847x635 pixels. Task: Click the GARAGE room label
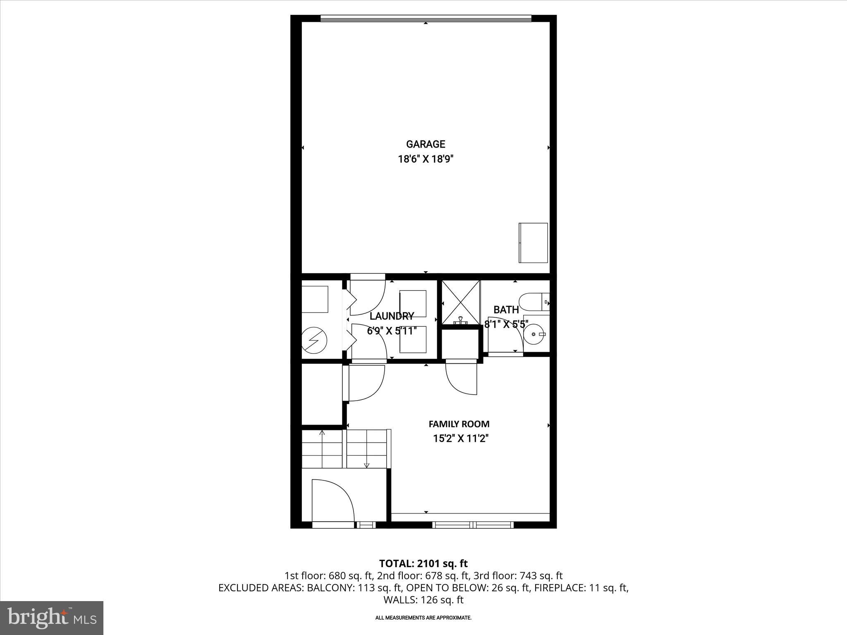[426, 144]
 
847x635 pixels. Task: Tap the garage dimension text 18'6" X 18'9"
[426, 160]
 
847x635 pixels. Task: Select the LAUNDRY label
[392, 316]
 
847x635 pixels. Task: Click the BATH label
[506, 310]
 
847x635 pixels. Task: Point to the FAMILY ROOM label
[459, 424]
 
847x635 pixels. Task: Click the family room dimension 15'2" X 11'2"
[461, 439]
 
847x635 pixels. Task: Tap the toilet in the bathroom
[534, 302]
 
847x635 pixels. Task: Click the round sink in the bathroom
[536, 333]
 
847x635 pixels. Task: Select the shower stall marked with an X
[461, 302]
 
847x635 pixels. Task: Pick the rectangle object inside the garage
[533, 243]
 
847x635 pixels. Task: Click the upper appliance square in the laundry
[412, 303]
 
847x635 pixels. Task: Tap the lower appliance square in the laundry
[412, 339]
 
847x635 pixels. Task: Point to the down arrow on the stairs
[366, 465]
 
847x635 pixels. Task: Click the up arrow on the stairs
[322, 433]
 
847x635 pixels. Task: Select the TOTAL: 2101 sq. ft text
[423, 563]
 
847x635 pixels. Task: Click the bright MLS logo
[52, 618]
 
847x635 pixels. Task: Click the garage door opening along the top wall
[426, 18]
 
